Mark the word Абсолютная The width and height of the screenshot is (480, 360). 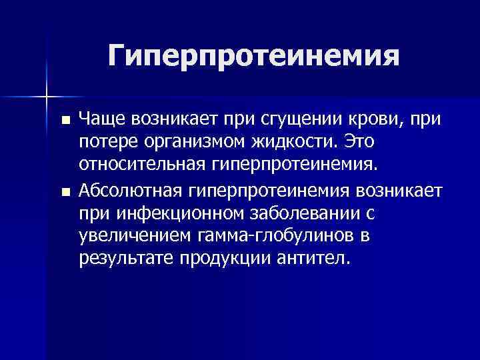point(131,192)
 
